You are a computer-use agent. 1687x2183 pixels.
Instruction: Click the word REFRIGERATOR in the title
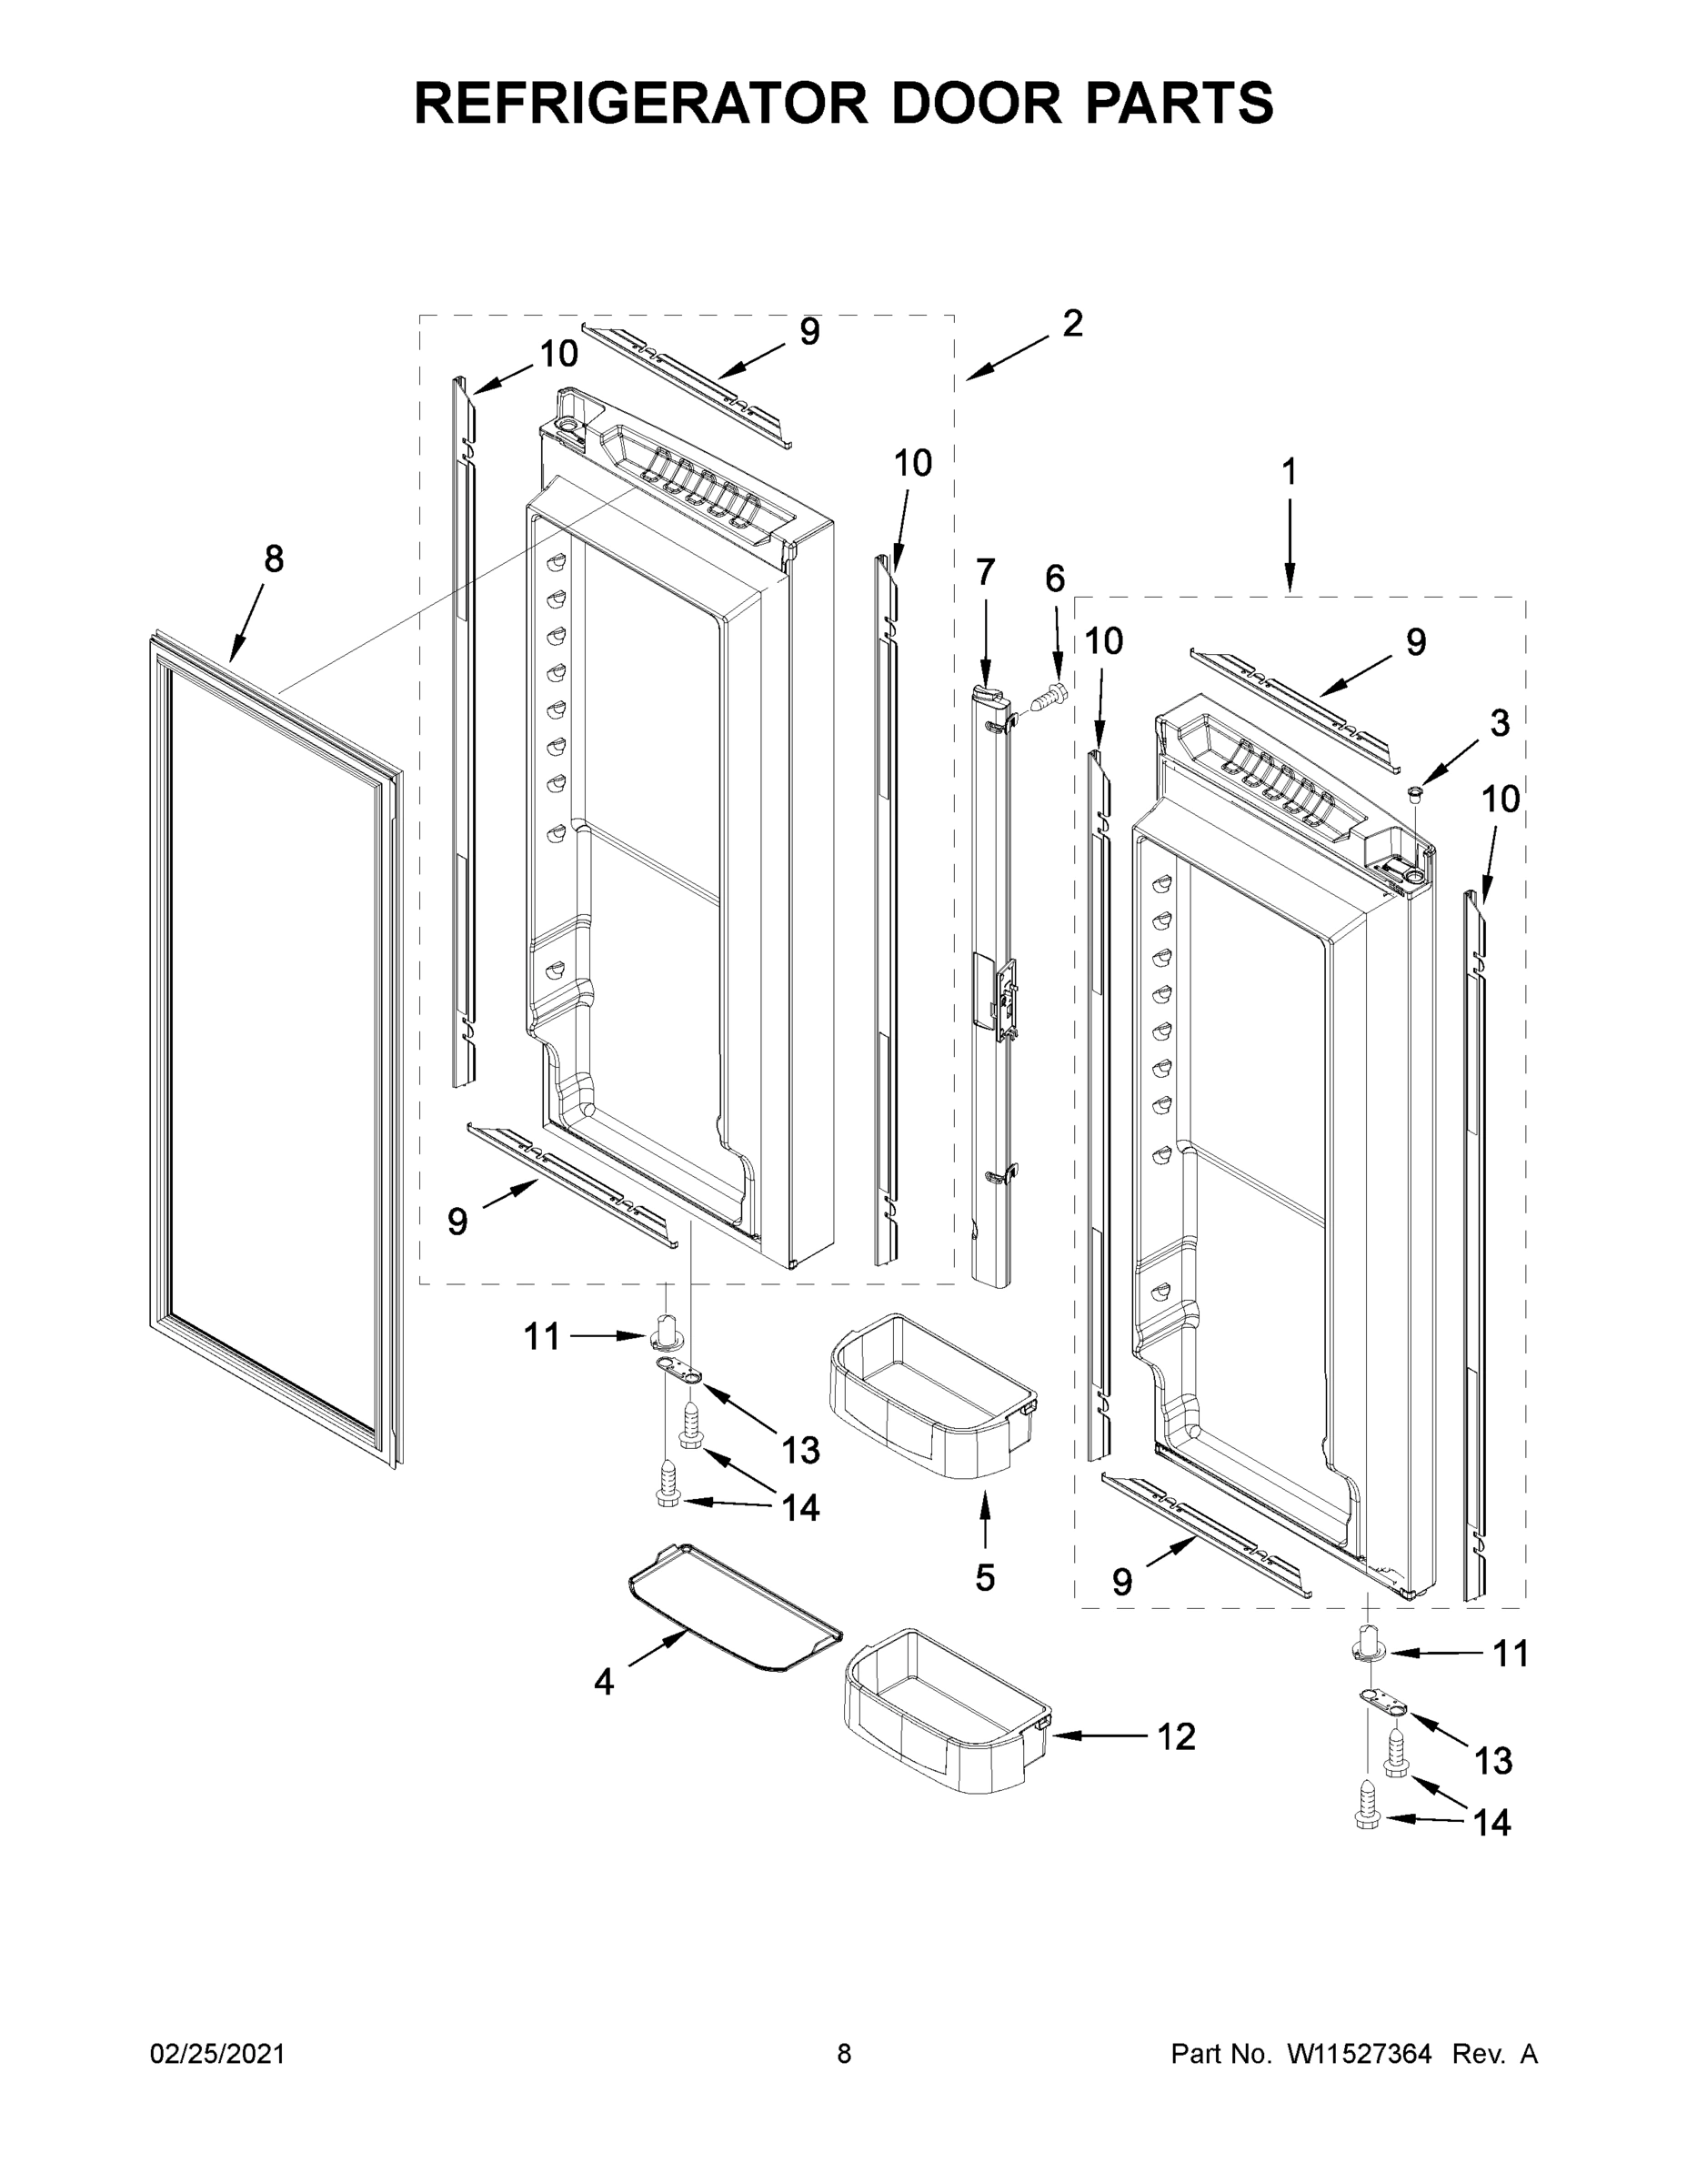pos(640,103)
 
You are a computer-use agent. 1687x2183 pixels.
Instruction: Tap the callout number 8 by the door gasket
pos(273,558)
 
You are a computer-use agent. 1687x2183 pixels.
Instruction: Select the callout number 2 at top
pos(1071,324)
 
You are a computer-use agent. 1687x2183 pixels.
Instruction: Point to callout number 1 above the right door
pos(1290,472)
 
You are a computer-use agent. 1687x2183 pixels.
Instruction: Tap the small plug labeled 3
pos(1414,792)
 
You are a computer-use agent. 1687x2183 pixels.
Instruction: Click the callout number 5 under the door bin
pos(984,1578)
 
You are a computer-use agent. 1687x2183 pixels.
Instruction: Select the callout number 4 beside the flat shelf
pos(603,1682)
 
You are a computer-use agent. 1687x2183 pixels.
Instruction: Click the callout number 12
pos(1175,1737)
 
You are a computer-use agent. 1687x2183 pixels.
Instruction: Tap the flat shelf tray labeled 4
pos(735,1610)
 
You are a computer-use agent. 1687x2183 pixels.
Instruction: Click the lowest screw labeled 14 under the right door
pos(1367,1820)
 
